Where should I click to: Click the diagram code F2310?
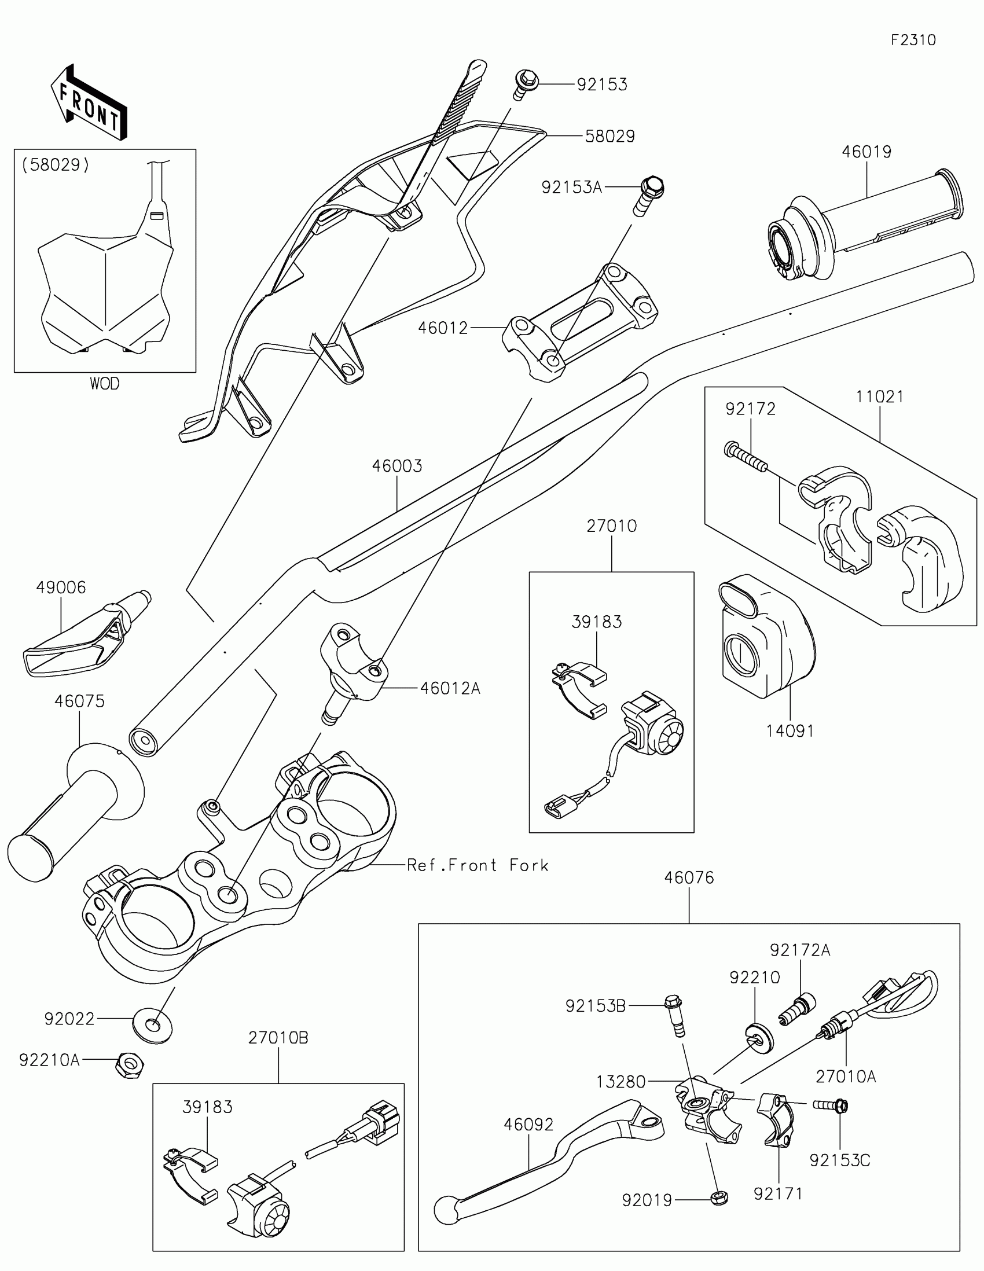913,40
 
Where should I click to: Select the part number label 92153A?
571,188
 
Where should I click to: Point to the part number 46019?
866,152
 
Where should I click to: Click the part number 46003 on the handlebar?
398,466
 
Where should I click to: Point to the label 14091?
790,730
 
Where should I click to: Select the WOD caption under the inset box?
105,384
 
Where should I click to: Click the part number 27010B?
278,1038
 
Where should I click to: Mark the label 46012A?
450,689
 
